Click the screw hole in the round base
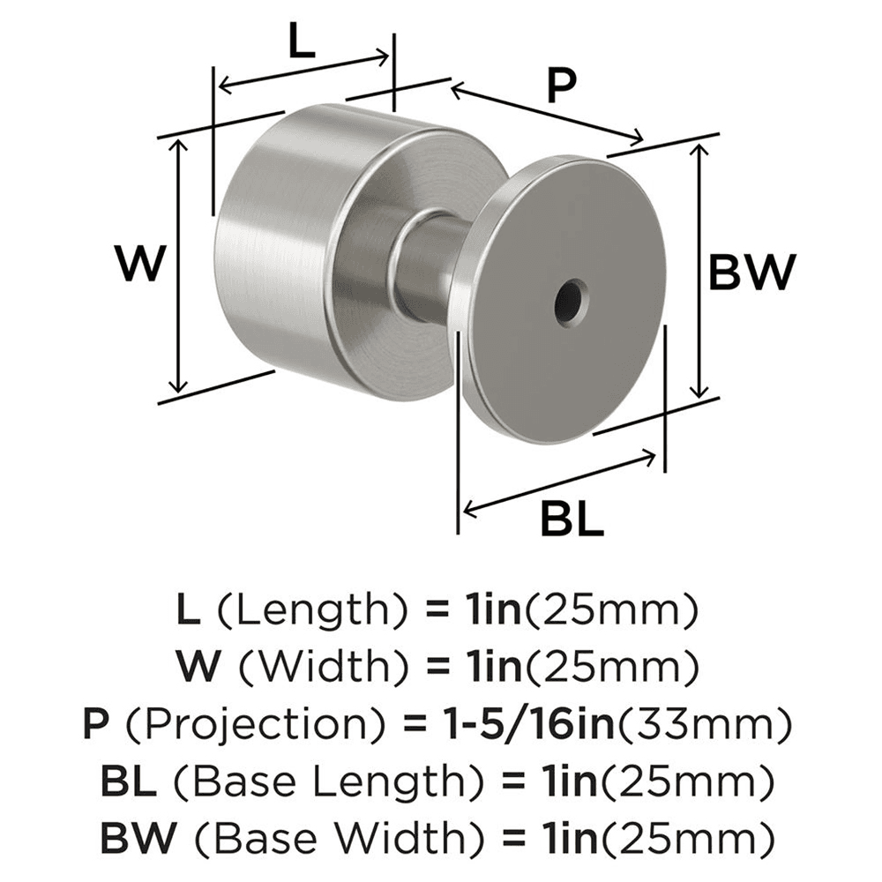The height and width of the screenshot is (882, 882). [x=570, y=299]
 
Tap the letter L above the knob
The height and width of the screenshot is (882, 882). [x=301, y=42]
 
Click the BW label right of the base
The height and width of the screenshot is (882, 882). [x=752, y=273]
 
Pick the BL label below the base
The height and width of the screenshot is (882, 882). [x=572, y=521]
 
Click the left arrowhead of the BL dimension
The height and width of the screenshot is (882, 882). [x=468, y=510]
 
